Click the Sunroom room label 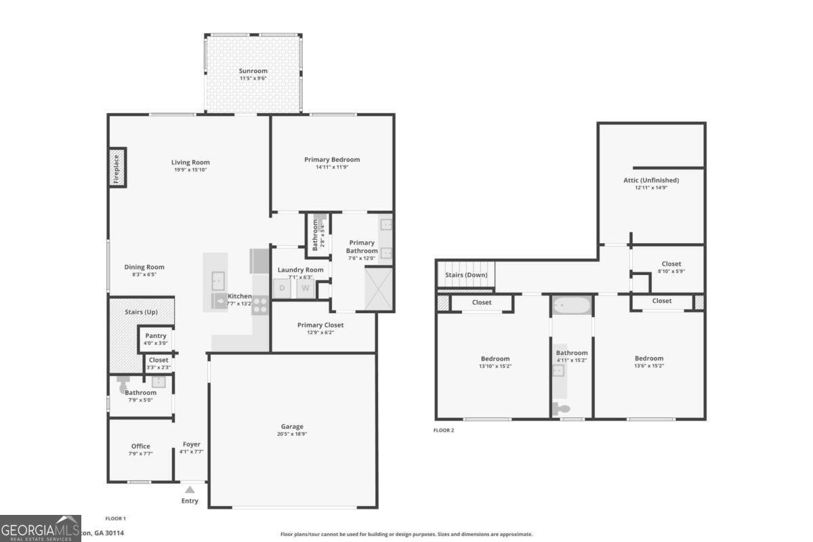point(253,70)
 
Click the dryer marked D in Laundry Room point(282,288)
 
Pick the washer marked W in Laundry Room point(305,288)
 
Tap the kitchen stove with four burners point(260,305)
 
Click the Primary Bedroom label point(332,160)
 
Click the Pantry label point(156,336)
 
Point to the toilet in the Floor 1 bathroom point(123,387)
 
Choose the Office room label point(140,446)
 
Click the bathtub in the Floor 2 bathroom point(572,306)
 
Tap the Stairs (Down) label point(465,275)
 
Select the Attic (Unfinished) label point(651,180)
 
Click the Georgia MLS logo point(41,528)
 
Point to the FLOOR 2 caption point(444,430)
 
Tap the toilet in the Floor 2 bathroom point(562,409)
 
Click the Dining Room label point(144,267)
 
